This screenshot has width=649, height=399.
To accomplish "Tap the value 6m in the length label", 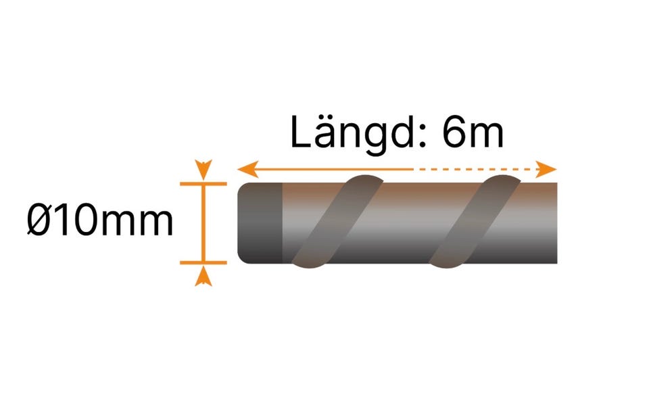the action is pyautogui.click(x=473, y=133).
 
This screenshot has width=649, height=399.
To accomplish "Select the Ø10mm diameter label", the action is pyautogui.click(x=100, y=220).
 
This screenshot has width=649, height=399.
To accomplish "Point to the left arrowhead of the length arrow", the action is pyautogui.click(x=247, y=169).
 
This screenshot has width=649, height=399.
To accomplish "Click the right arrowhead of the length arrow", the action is pyautogui.click(x=546, y=169).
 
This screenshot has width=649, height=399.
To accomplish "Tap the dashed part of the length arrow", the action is pyautogui.click(x=476, y=169).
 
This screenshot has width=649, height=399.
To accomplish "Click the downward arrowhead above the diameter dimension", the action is pyautogui.click(x=203, y=169).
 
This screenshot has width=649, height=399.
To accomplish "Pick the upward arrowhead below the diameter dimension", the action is pyautogui.click(x=203, y=276).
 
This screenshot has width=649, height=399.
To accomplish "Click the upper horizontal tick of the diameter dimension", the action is pyautogui.click(x=203, y=183).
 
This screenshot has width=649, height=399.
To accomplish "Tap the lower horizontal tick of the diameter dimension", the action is pyautogui.click(x=203, y=262).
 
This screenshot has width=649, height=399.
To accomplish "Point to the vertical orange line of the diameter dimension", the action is pyautogui.click(x=203, y=223).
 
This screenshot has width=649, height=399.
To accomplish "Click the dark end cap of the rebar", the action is pyautogui.click(x=260, y=223).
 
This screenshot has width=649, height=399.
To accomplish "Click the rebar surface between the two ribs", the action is pyautogui.click(x=406, y=223).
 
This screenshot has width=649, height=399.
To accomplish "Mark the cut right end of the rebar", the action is pyautogui.click(x=556, y=223).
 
